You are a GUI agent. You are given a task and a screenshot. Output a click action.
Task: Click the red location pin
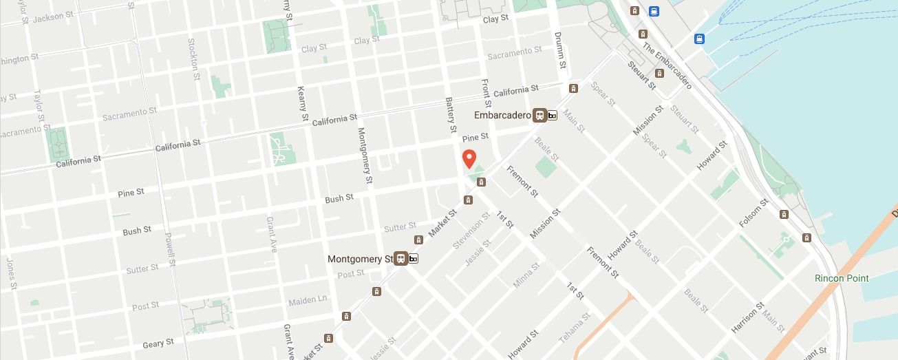click(469, 158)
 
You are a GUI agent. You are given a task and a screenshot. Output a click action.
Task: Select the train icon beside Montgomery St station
click(400, 259)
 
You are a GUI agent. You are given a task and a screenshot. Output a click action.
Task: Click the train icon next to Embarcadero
click(540, 115)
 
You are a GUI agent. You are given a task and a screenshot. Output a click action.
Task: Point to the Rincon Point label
click(841, 278)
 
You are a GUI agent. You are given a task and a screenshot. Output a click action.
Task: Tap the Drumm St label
click(561, 50)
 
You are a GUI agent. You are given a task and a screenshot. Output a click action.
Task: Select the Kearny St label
click(302, 104)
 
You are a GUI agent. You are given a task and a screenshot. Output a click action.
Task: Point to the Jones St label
click(11, 273)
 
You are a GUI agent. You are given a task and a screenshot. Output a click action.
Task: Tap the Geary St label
click(158, 343)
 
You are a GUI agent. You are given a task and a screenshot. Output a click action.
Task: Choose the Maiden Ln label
click(308, 300)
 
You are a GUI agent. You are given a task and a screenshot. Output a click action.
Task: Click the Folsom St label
click(753, 213)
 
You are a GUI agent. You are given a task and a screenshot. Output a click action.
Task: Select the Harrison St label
click(748, 317)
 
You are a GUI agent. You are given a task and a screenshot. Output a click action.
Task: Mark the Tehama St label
click(575, 328)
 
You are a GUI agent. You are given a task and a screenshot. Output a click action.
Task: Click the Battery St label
click(451, 114)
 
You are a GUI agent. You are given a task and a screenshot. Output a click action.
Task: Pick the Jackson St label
click(53, 17)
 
